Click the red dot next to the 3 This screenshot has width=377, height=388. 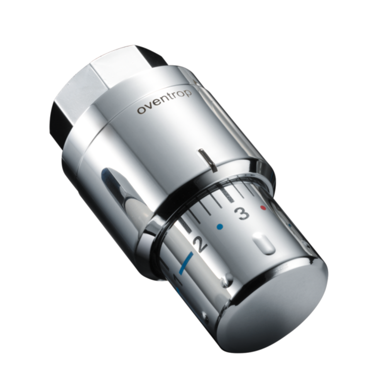(263, 208)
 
